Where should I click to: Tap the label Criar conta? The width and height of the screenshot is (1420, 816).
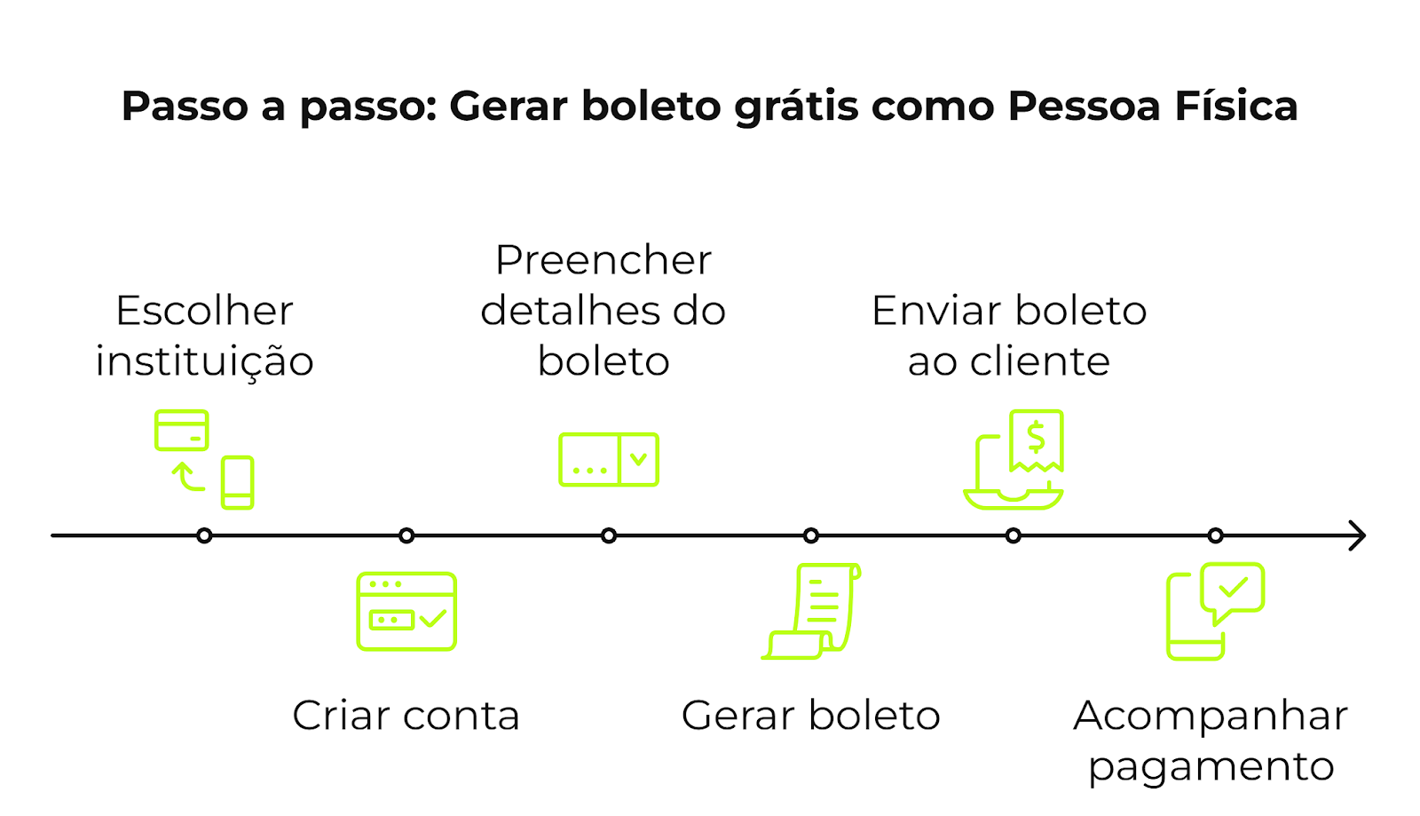(x=406, y=716)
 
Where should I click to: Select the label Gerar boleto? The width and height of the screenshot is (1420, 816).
(x=810, y=716)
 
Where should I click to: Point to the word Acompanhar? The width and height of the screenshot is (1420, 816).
(x=1211, y=716)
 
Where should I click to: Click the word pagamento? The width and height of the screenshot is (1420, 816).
(x=1211, y=766)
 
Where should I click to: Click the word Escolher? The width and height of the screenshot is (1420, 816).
(x=204, y=311)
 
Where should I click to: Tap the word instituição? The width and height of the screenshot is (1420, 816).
(x=204, y=361)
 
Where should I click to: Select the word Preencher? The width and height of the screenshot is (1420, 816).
(x=603, y=260)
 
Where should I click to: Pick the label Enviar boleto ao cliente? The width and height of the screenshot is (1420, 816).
(x=1009, y=336)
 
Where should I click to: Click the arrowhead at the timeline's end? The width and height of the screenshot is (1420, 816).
(x=1358, y=535)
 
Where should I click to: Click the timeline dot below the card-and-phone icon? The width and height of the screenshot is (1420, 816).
(x=204, y=535)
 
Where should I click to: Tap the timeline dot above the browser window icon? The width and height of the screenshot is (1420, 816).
(x=406, y=535)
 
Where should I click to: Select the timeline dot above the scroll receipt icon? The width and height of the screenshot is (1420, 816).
(x=811, y=535)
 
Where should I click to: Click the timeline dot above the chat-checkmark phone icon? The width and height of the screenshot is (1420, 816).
(x=1216, y=535)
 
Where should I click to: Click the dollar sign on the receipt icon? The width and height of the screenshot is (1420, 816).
(x=1036, y=437)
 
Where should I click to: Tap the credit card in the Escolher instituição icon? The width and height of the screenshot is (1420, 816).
(x=182, y=430)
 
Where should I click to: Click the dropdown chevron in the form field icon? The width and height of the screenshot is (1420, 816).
(x=638, y=459)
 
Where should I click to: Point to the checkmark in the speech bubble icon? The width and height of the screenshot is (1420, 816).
(x=1233, y=587)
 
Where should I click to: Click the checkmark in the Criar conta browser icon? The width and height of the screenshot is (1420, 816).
(x=433, y=618)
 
